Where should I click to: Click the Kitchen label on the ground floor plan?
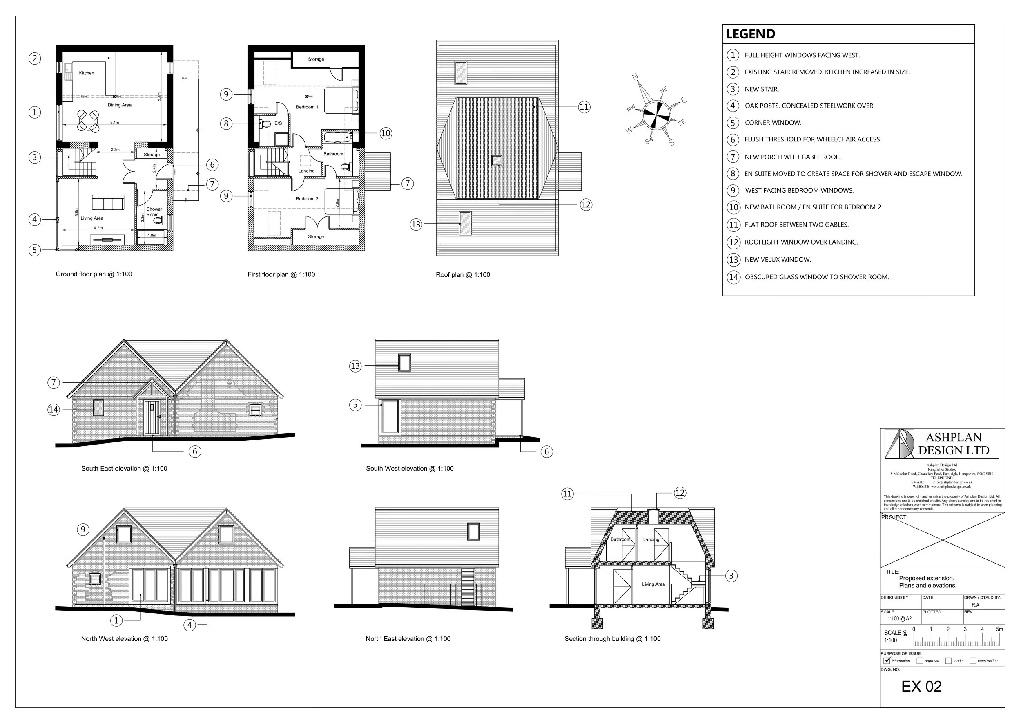pyautogui.click(x=86, y=73)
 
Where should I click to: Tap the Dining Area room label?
pyautogui.click(x=120, y=105)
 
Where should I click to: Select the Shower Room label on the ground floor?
pyautogui.click(x=154, y=212)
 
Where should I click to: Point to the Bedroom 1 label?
pyautogui.click(x=307, y=107)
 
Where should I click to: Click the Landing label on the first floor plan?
pyautogui.click(x=306, y=171)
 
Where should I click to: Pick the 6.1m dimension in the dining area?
pyautogui.click(x=114, y=122)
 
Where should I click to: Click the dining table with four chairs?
pyautogui.click(x=88, y=121)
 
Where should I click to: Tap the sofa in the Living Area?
pyautogui.click(x=108, y=203)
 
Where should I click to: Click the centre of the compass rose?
pyautogui.click(x=656, y=115)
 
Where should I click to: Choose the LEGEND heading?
pyautogui.click(x=750, y=34)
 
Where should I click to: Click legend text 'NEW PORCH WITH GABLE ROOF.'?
pyautogui.click(x=792, y=157)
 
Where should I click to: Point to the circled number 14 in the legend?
pyautogui.click(x=733, y=277)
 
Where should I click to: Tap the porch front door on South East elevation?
pyautogui.click(x=151, y=417)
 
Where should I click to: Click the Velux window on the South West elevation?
pyautogui.click(x=404, y=362)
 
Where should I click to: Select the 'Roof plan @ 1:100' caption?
pyautogui.click(x=462, y=275)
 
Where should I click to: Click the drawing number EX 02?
pyautogui.click(x=921, y=687)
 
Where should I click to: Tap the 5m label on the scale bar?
pyautogui.click(x=999, y=629)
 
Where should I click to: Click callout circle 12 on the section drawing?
pyautogui.click(x=680, y=493)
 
